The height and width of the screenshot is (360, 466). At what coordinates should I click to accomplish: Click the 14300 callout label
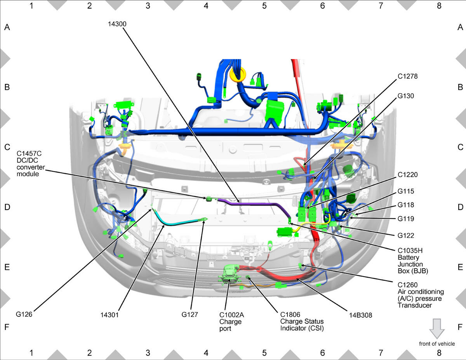click(117, 24)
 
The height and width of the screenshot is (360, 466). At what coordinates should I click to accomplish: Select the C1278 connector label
click(407, 77)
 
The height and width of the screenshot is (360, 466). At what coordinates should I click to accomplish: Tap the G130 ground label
click(405, 96)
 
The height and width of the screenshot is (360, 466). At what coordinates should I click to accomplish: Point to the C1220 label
click(407, 174)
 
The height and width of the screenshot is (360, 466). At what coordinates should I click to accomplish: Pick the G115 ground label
click(405, 191)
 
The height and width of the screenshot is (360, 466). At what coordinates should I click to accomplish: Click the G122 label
click(405, 235)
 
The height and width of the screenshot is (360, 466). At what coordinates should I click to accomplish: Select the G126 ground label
click(24, 314)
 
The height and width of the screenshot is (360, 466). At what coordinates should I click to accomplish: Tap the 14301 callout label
click(110, 315)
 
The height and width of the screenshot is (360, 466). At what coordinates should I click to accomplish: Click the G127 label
click(190, 314)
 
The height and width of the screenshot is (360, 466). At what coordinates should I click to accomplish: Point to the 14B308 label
click(360, 315)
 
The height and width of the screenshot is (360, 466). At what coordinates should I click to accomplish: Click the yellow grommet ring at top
click(238, 75)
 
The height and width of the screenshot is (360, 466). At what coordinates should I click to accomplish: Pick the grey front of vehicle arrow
click(437, 329)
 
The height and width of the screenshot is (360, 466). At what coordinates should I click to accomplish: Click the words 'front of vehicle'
click(437, 344)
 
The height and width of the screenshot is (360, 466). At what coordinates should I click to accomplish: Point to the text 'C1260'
click(407, 285)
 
